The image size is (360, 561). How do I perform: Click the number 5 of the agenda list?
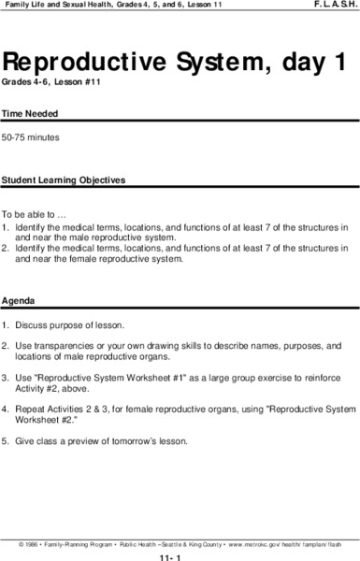pyautogui.click(x=5, y=440)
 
